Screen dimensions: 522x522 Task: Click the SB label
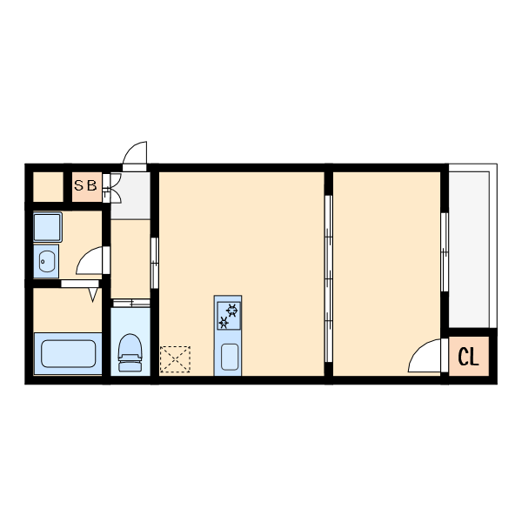click(85, 185)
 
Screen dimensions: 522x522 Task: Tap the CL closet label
click(468, 357)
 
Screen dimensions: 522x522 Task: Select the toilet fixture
click(130, 352)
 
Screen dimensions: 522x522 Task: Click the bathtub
click(68, 353)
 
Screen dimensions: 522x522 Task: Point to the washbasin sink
click(46, 261)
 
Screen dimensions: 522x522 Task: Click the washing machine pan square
click(48, 227)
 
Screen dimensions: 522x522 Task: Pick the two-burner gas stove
click(228, 316)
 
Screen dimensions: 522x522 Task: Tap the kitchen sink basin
click(230, 357)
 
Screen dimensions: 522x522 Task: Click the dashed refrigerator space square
click(175, 359)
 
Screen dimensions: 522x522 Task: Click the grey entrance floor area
click(130, 196)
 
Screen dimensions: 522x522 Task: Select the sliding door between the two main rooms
click(329, 278)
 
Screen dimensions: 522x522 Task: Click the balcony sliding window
click(445, 252)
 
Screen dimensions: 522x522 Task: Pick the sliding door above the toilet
click(131, 303)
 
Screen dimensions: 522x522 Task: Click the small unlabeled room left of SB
click(48, 187)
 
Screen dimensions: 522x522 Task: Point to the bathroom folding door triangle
click(93, 295)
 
